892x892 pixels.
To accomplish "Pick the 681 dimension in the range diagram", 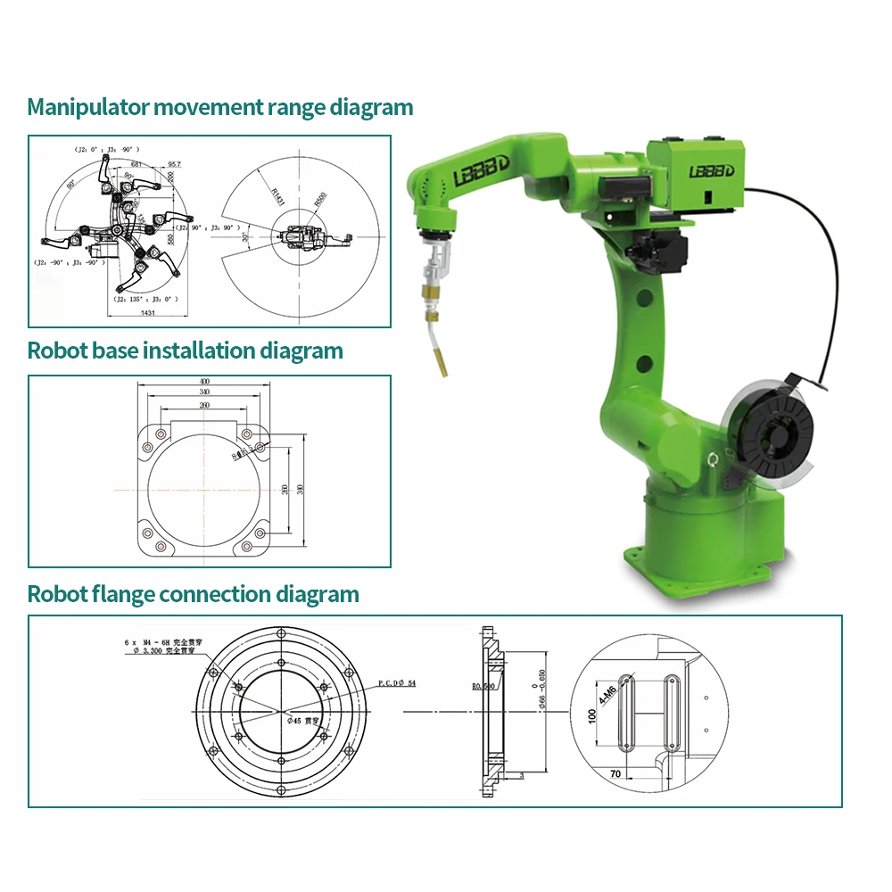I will (136, 164).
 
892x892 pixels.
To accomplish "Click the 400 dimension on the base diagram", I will (206, 382).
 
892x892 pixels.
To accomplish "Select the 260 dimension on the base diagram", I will (206, 406).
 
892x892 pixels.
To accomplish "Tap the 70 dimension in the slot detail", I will (615, 774).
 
